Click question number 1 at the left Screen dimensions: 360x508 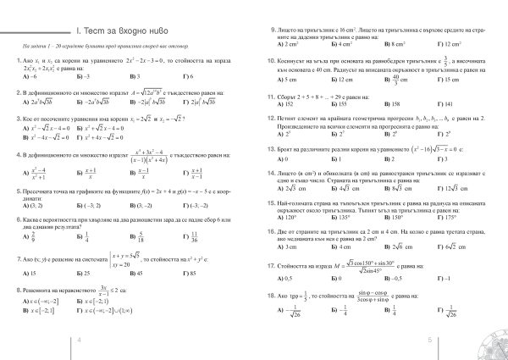tap(17, 63)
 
